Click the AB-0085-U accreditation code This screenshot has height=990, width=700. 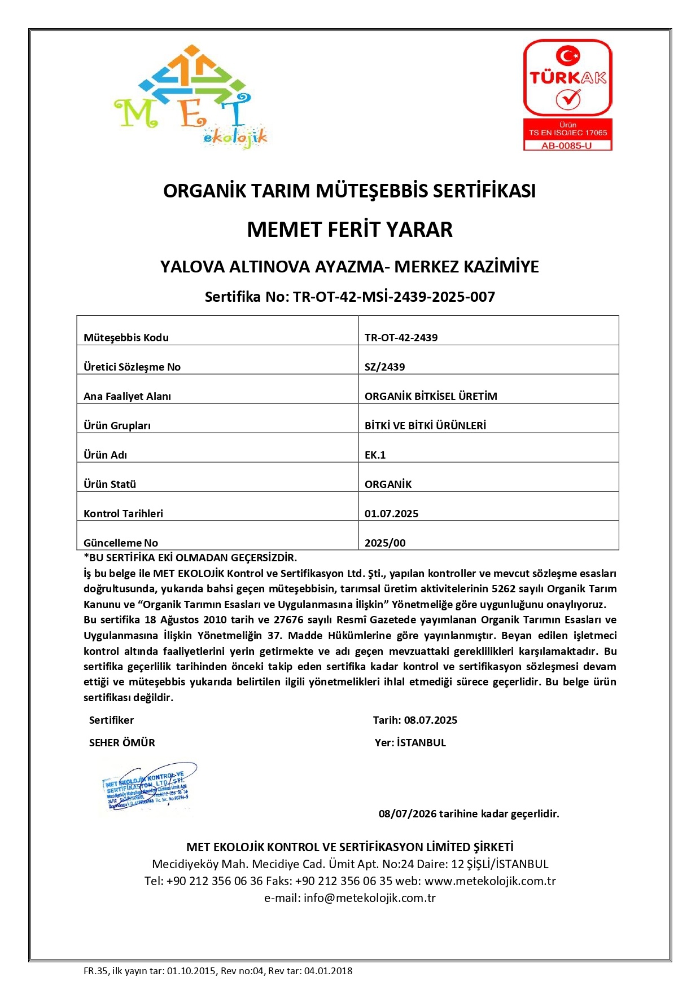[567, 146]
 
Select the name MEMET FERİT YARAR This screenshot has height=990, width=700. [349, 230]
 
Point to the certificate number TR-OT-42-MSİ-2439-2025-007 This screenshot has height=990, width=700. [394, 297]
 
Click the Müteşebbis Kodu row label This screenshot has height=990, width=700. [126, 337]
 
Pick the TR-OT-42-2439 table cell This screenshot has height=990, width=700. [401, 337]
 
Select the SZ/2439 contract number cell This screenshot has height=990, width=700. [385, 367]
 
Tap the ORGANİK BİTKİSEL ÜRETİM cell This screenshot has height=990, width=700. [431, 396]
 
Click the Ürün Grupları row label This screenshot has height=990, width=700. [117, 425]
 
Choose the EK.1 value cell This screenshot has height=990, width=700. [375, 455]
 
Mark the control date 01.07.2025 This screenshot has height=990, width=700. [391, 513]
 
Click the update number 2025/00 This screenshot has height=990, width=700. [385, 543]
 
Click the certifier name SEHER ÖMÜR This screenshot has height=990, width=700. [122, 742]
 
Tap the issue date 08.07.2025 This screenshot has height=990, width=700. [431, 720]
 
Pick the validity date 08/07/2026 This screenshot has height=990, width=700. [408, 813]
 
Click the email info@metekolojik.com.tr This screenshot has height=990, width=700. [370, 897]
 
